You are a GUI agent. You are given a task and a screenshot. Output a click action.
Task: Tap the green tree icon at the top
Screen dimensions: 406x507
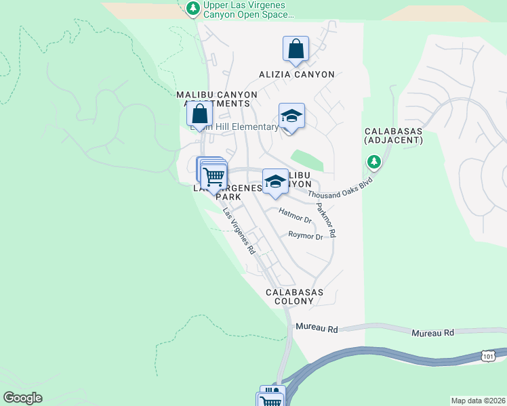click(193, 7)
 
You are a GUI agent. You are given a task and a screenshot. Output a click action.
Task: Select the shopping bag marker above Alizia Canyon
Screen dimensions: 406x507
click(296, 49)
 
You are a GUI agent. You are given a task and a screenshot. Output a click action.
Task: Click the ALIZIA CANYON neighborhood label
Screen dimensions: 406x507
click(297, 74)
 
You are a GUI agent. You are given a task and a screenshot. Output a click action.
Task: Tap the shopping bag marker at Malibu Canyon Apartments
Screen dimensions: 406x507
click(199, 114)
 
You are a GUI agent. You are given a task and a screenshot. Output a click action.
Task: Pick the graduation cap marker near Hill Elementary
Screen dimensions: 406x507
click(291, 116)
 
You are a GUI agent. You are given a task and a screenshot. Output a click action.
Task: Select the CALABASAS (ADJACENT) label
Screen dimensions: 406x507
click(393, 135)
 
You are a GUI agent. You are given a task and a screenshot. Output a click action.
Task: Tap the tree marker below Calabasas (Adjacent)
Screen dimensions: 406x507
click(373, 162)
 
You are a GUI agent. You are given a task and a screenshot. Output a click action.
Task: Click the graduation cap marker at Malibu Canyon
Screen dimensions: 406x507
click(275, 181)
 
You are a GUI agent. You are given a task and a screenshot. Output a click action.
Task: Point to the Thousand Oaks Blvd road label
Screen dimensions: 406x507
click(341, 184)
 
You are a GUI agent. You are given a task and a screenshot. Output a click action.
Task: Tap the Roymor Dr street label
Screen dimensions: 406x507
click(305, 236)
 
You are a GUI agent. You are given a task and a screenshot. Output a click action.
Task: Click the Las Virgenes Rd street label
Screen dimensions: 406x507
click(239, 230)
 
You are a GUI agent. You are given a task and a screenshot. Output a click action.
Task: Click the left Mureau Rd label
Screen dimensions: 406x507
click(317, 328)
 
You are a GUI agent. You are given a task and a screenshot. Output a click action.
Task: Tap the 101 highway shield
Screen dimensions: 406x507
click(489, 355)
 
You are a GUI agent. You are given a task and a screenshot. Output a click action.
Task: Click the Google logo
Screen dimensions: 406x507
click(22, 398)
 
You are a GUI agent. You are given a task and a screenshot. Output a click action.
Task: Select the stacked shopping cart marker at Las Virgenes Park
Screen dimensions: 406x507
click(213, 175)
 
